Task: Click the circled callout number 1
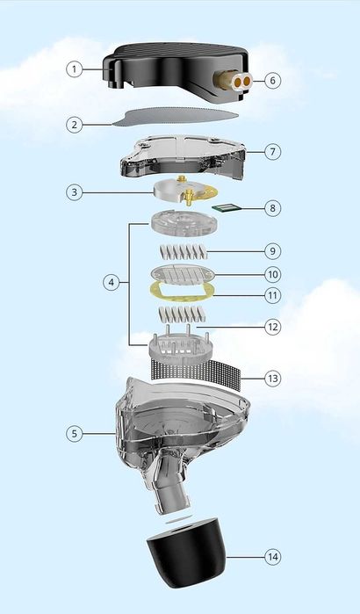click(x=76, y=69)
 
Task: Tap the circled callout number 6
click(x=273, y=79)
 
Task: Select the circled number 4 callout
click(x=110, y=283)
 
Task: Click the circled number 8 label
click(x=273, y=208)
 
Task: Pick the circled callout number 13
click(x=273, y=378)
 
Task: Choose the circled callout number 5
click(x=76, y=433)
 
